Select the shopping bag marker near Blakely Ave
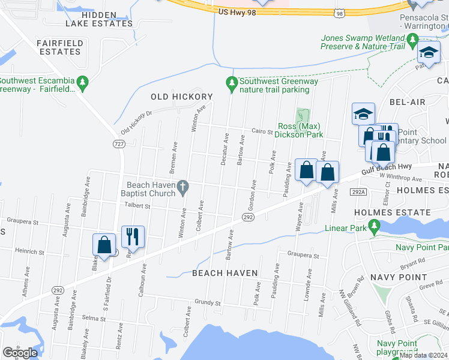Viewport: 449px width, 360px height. coord(104,245)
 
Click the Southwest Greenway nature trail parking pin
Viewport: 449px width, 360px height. coord(232,85)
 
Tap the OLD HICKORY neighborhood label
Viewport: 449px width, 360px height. coord(181,97)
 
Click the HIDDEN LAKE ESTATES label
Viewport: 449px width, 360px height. coord(98,18)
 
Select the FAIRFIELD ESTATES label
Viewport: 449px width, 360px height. coord(58,47)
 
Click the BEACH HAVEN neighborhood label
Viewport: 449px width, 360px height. coord(224,273)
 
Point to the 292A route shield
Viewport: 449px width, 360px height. coord(359,192)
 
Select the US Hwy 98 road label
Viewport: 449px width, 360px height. coord(239,11)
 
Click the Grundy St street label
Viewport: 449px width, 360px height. coord(204,302)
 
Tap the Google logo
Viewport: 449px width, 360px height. coord(20,353)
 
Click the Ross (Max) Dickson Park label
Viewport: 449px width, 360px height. coord(300,130)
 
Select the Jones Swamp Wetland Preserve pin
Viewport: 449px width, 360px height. coord(412,41)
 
